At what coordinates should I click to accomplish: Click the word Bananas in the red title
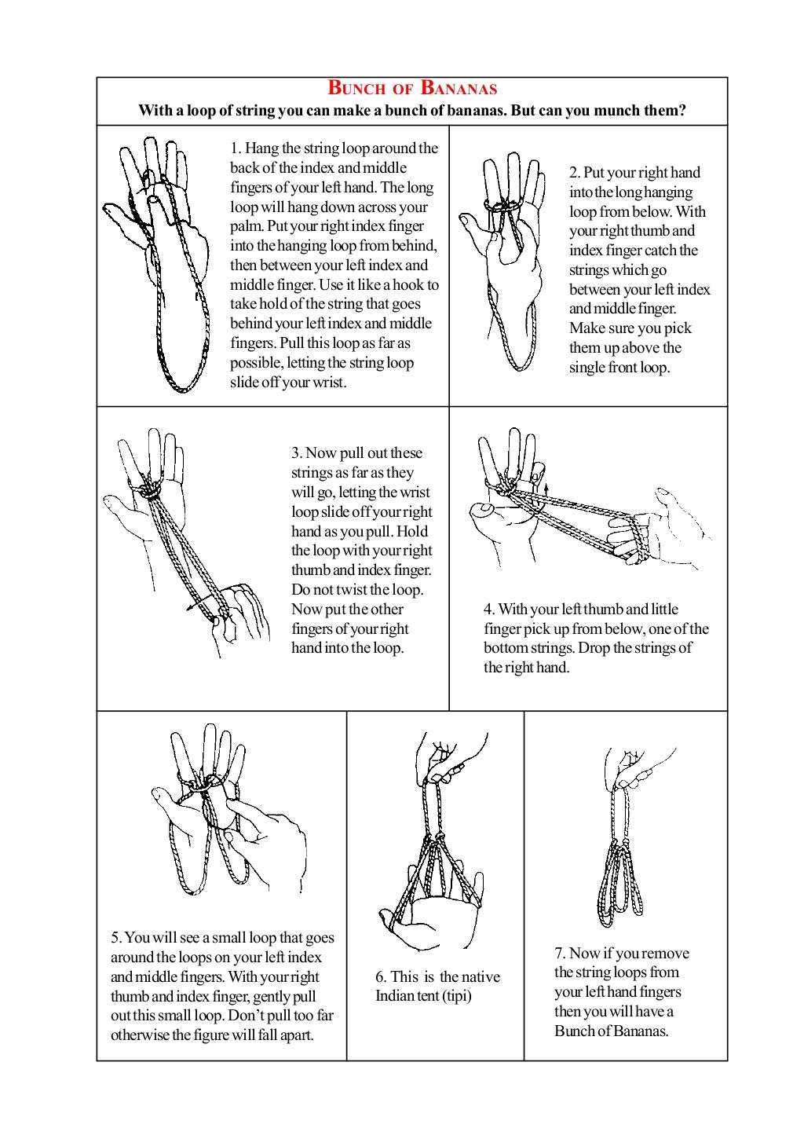pyautogui.click(x=459, y=88)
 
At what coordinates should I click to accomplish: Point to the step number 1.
pyautogui.click(x=235, y=148)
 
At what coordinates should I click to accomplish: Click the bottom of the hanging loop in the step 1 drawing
pyautogui.click(x=182, y=386)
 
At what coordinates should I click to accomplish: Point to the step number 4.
pyautogui.click(x=488, y=610)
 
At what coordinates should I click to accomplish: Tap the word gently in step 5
pyautogui.click(x=272, y=997)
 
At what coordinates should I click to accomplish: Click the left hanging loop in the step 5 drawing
pyautogui.click(x=187, y=860)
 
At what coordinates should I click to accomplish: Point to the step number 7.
pyautogui.click(x=559, y=954)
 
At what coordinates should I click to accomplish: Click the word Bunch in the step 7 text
pyautogui.click(x=574, y=1031)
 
